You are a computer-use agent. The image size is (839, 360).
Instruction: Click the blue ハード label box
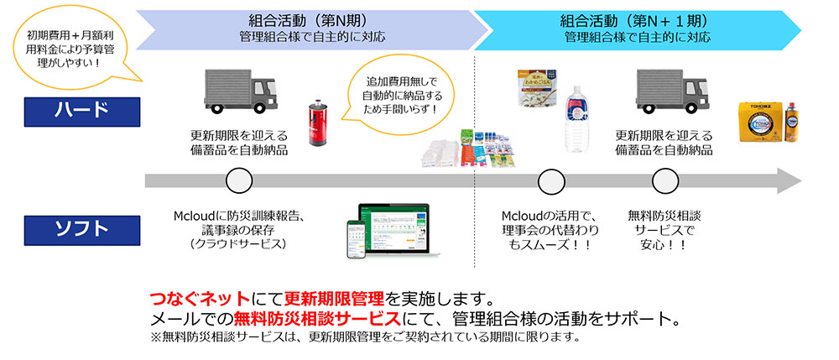82,112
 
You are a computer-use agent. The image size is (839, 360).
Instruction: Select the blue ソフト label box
82,230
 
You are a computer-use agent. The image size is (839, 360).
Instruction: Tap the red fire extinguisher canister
318,123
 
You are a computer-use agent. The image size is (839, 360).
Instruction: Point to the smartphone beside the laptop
356,239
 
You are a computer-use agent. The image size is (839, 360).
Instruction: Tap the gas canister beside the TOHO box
790,123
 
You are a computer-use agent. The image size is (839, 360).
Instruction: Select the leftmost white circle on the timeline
239,180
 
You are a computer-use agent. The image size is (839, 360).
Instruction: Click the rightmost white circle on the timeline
665,180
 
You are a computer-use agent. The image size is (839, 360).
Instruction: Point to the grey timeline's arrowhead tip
801,180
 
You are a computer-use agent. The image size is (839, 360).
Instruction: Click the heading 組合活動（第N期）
308,21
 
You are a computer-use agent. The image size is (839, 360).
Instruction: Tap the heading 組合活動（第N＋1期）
634,21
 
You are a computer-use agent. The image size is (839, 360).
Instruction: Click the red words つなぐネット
201,298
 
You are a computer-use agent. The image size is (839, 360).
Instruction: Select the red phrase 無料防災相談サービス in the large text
317,320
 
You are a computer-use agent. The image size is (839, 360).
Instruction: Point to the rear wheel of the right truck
649,107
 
